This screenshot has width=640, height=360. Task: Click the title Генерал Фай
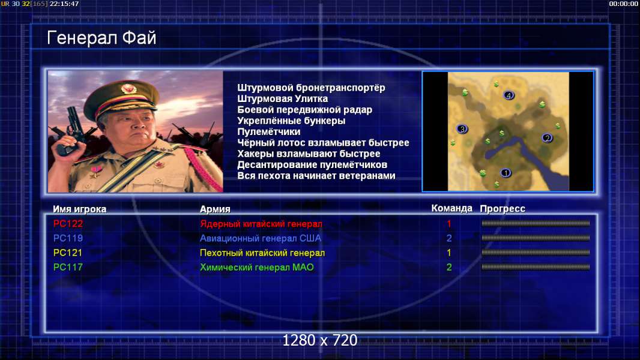[101, 38]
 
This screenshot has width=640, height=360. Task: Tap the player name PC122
[68, 223]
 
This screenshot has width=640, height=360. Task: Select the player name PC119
[68, 238]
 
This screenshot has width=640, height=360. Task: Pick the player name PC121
[68, 253]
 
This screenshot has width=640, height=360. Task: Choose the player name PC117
[68, 268]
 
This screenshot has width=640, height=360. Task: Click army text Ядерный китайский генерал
[261, 224]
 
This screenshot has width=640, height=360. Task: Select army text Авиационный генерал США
[261, 238]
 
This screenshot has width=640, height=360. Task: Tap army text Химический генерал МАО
[257, 268]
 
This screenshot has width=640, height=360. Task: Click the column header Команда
[452, 208]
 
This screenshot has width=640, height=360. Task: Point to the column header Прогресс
[503, 209]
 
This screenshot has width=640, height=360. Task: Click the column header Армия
[215, 209]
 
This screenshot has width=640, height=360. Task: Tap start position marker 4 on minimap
[509, 95]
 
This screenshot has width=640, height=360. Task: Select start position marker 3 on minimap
[462, 129]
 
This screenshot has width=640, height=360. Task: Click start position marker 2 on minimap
[548, 138]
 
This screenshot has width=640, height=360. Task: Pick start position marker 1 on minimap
[506, 173]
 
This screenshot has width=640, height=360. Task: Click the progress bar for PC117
[536, 268]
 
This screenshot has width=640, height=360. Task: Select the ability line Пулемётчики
[269, 131]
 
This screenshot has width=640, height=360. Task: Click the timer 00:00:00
[623, 4]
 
